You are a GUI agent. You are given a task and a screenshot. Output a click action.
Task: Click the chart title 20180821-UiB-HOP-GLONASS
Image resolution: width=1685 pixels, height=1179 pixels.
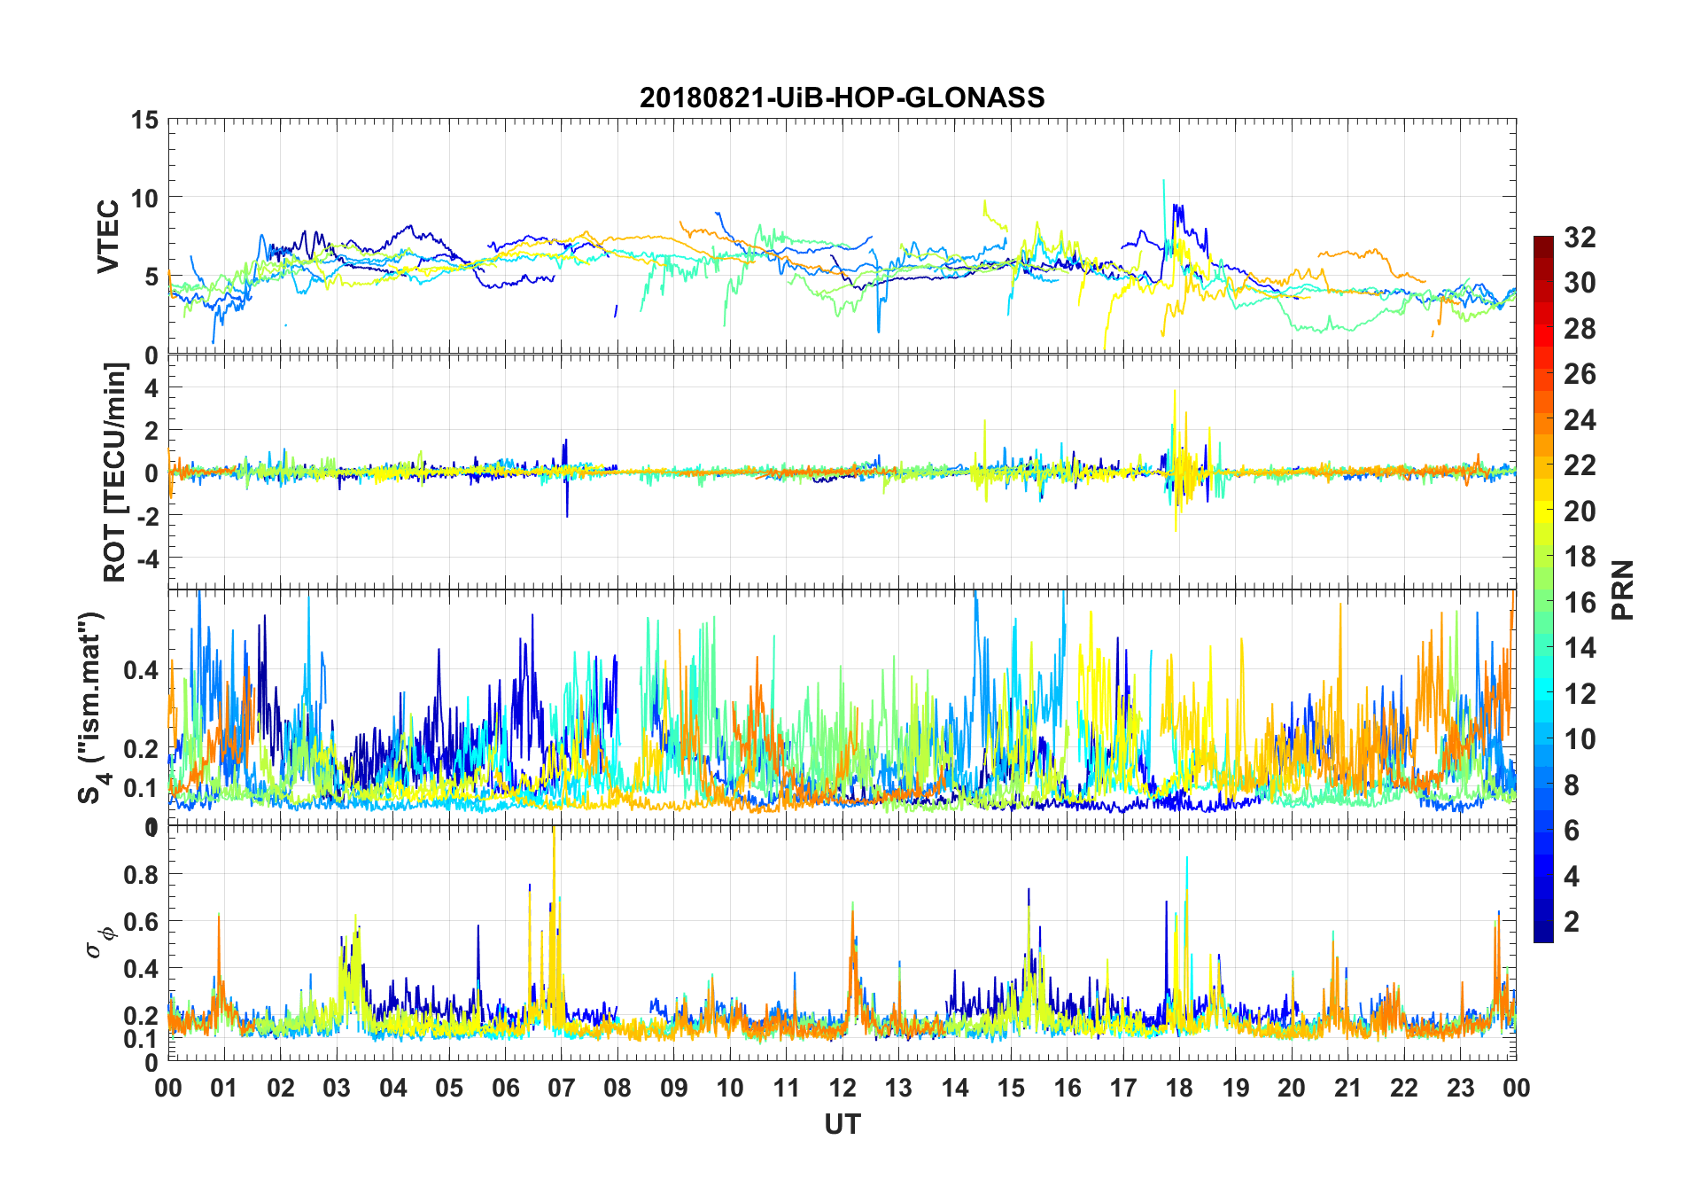[x=842, y=97]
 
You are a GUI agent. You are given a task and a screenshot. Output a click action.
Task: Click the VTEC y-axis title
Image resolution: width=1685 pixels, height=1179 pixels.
[x=108, y=237]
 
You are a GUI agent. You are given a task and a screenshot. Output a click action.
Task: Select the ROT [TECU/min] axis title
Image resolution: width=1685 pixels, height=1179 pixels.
[x=116, y=472]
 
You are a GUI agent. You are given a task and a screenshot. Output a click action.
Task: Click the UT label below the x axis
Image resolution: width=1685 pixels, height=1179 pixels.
[x=842, y=1124]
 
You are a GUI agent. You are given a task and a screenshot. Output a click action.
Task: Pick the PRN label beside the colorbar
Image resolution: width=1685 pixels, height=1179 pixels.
[x=1623, y=589]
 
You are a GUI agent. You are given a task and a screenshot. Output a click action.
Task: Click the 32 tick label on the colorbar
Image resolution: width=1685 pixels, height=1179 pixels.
[x=1580, y=238]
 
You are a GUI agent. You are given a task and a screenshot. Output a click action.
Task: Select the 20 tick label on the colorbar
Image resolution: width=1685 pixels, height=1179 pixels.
[x=1580, y=511]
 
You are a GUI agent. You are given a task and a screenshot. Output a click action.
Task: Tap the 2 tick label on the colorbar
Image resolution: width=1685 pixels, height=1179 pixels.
[x=1572, y=922]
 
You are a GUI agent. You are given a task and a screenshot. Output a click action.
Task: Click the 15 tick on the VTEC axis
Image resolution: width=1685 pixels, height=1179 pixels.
[x=145, y=120]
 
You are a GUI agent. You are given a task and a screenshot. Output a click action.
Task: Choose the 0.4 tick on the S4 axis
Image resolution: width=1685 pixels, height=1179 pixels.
[x=141, y=669]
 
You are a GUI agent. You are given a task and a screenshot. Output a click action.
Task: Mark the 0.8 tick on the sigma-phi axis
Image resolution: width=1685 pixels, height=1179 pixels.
[x=141, y=874]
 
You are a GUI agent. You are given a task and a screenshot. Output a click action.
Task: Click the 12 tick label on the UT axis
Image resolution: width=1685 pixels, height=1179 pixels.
[x=842, y=1088]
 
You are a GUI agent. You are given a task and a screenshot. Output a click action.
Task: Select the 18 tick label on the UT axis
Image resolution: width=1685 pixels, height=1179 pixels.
[x=1179, y=1088]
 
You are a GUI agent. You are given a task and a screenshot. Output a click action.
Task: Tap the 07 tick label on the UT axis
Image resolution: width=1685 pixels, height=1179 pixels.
[x=562, y=1088]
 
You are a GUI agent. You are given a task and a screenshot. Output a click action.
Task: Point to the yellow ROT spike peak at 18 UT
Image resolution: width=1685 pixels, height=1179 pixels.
[x=1175, y=392]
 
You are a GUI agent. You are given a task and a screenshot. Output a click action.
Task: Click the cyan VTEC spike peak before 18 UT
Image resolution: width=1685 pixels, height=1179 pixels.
[x=1163, y=182]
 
